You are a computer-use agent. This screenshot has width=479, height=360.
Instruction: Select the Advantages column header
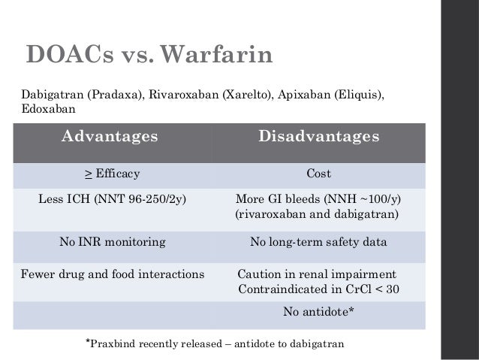109,138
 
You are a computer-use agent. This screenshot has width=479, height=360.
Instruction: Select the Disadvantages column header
319,138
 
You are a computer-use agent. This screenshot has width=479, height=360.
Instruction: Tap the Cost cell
319,174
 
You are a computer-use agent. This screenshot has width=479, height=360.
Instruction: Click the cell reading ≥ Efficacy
113,174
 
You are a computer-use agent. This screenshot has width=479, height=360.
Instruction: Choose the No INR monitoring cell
113,242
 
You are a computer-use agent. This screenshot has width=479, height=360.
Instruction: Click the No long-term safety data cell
318,242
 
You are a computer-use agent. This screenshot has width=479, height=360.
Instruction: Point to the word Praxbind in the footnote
116,343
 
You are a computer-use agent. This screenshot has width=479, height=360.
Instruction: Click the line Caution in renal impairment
316,274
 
